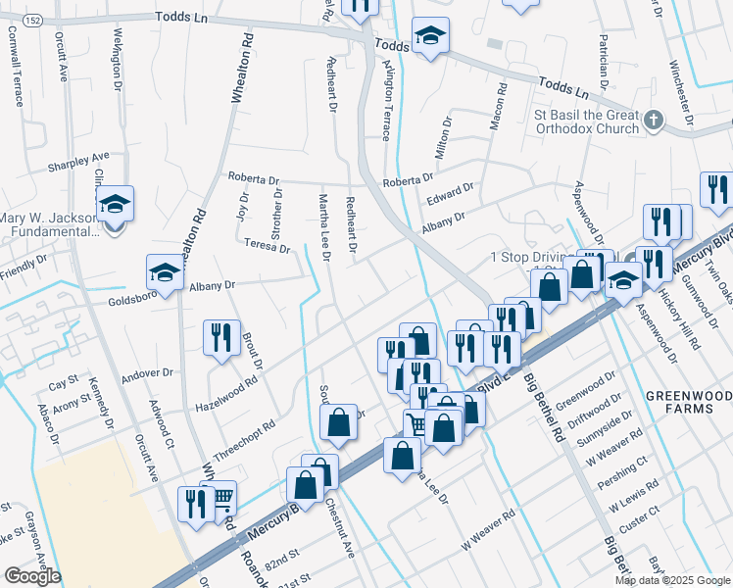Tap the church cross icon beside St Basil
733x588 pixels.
[x=655, y=121]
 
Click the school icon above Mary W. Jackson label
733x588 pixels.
[x=116, y=204]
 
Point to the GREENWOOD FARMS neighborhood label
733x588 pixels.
[x=687, y=401]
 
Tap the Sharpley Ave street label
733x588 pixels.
[x=79, y=162]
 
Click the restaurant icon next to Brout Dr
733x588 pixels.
[x=221, y=337]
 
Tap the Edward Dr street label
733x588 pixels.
[x=449, y=193]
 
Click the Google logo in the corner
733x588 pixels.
[x=32, y=576]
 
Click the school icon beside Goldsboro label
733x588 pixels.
[x=165, y=273]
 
